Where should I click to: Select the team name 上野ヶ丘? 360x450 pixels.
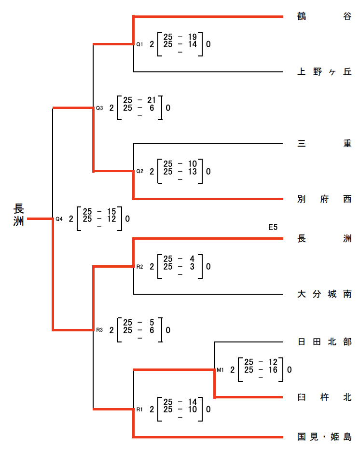[x=324, y=72]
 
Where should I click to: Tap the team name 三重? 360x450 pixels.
[x=324, y=144]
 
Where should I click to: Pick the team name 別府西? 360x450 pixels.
[x=324, y=199]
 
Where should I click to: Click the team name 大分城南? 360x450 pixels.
[x=324, y=294]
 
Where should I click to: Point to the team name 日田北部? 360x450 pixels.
[x=324, y=342]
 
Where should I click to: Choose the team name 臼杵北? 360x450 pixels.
[x=324, y=397]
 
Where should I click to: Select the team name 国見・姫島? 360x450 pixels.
[x=324, y=437]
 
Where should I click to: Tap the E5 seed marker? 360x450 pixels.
[x=273, y=227]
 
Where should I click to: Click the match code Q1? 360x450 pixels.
[x=139, y=44]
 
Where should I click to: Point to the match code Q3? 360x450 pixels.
[x=99, y=108]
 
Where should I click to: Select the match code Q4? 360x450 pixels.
[x=59, y=219]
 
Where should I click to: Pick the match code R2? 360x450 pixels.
[x=139, y=266]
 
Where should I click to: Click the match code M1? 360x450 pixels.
[x=220, y=370]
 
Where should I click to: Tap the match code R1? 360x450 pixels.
[x=139, y=409]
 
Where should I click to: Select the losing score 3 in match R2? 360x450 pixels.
[x=192, y=266]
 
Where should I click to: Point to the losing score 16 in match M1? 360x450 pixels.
[x=273, y=370]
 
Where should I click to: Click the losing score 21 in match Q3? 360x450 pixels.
[x=152, y=100]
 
